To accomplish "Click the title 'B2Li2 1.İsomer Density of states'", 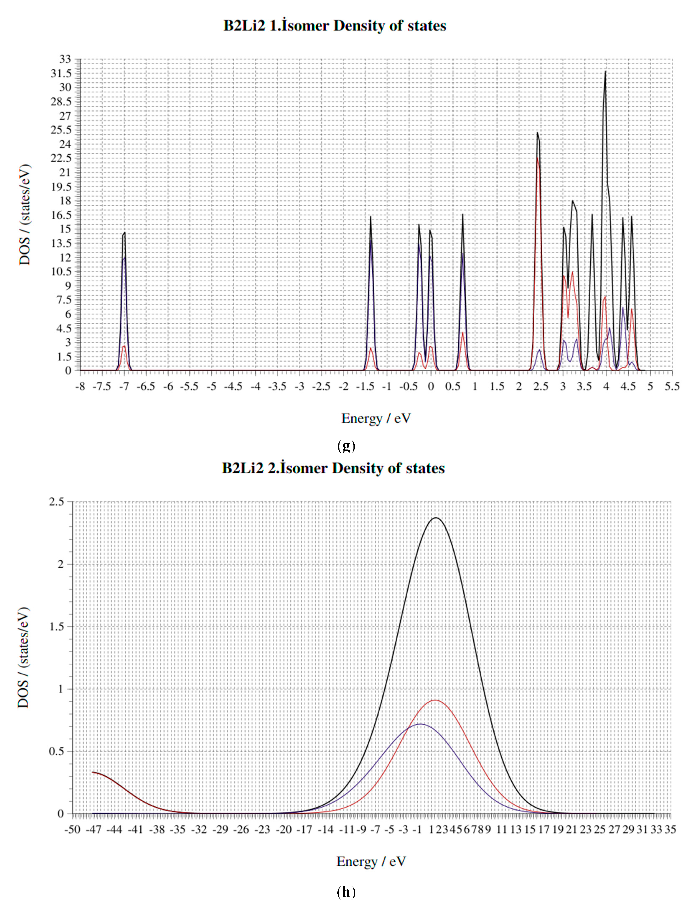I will pyautogui.click(x=335, y=26).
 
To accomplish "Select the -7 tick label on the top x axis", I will pyautogui.click(x=124, y=386).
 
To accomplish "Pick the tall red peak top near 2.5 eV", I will pyautogui.click(x=537, y=158).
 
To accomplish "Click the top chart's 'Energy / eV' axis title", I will pyautogui.click(x=376, y=418).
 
